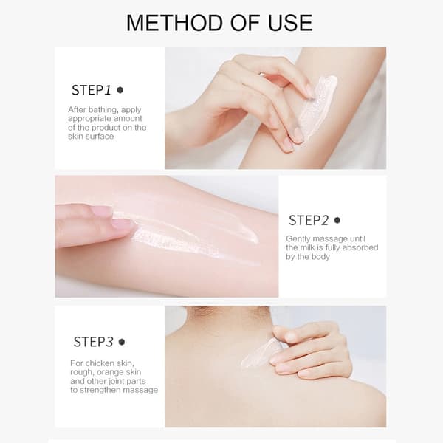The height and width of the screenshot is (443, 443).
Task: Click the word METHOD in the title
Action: pyautogui.click(x=174, y=23)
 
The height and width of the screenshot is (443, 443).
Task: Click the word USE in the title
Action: pyautogui.click(x=290, y=23)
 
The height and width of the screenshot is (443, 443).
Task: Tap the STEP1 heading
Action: pyautogui.click(x=91, y=90)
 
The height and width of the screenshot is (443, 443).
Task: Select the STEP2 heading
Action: pyautogui.click(x=308, y=220)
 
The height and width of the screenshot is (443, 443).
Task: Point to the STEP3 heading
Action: pyautogui.click(x=93, y=342)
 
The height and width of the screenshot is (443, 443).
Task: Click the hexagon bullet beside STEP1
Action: pyautogui.click(x=120, y=90)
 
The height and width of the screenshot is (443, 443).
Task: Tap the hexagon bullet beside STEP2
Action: pyautogui.click(x=337, y=220)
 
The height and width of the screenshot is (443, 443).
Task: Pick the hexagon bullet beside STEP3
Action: pyautogui.click(x=122, y=342)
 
